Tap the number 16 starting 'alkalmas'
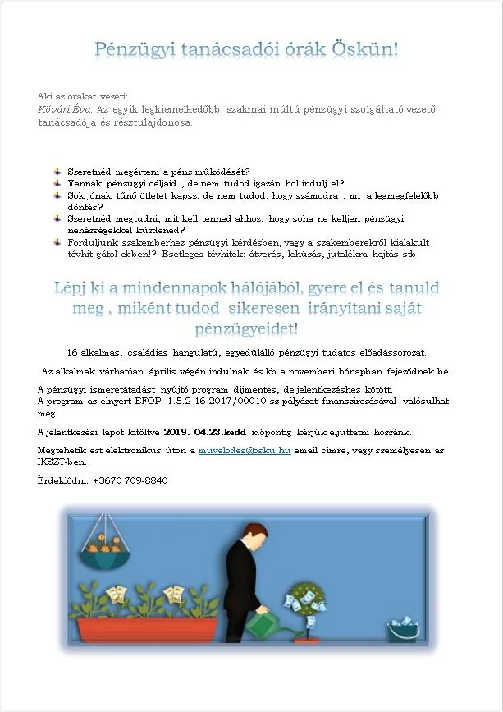[73, 352]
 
